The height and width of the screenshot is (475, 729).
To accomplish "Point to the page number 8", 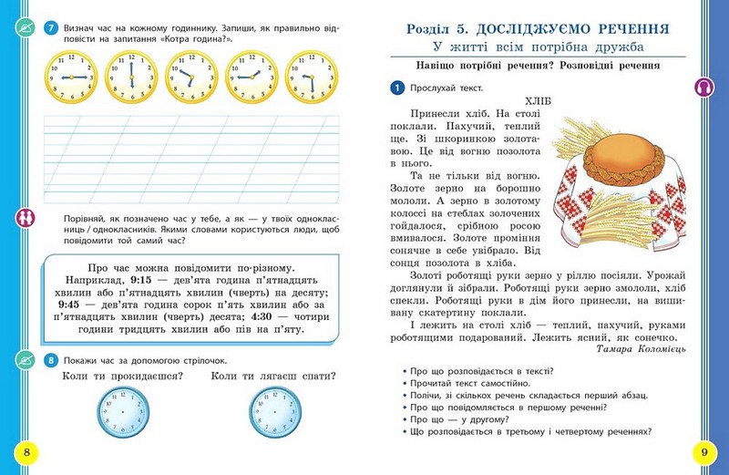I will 27,452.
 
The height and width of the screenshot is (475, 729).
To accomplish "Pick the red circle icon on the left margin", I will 24,219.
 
